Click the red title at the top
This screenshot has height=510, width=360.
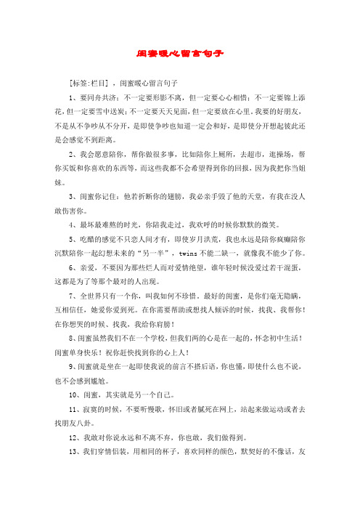pyautogui.click(x=179, y=54)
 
